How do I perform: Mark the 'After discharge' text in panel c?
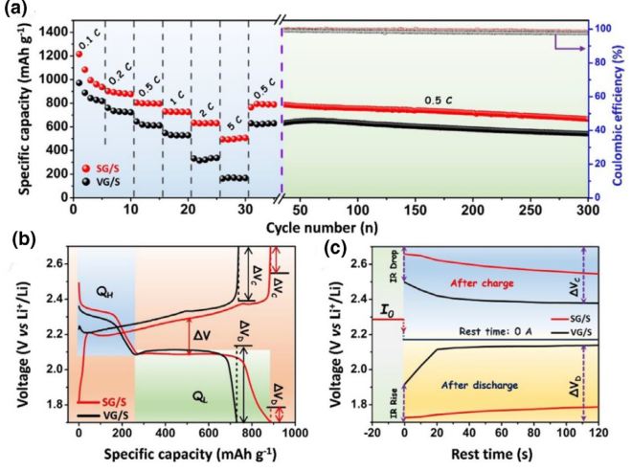pyautogui.click(x=479, y=386)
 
